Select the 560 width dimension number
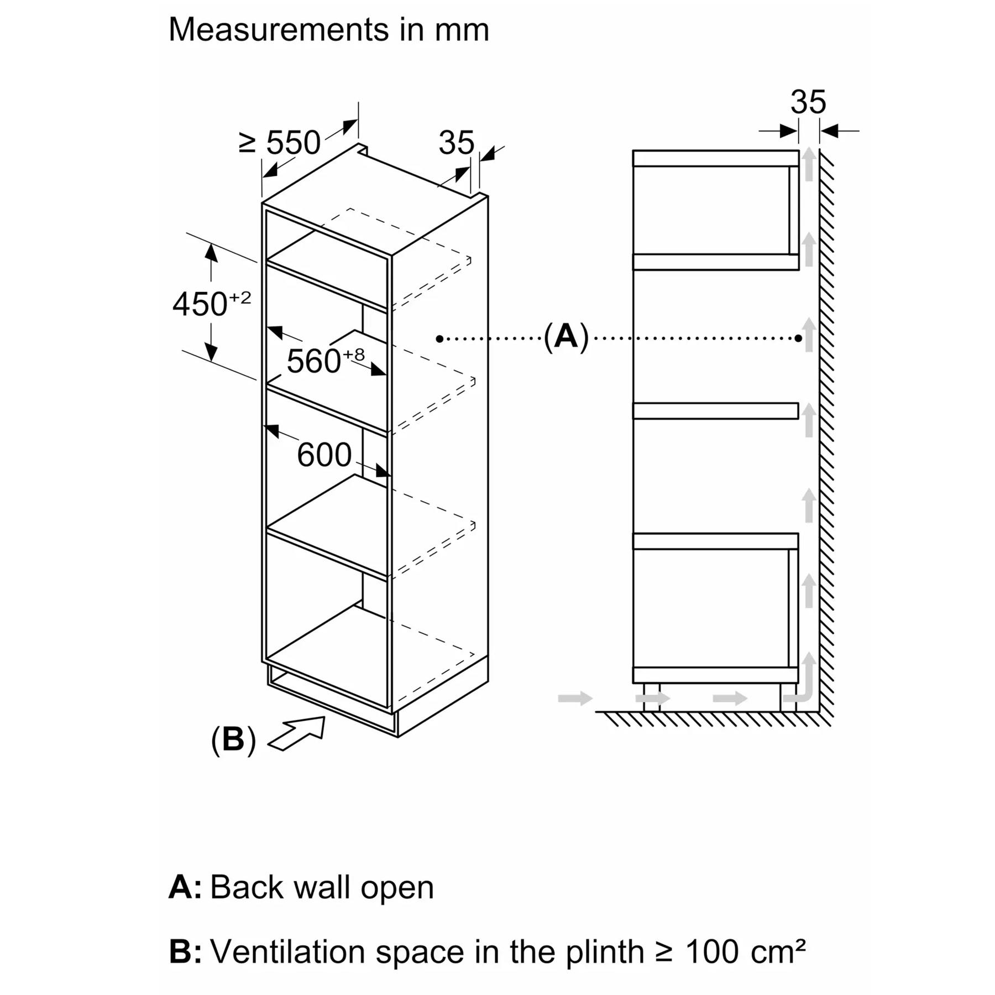pos(313,361)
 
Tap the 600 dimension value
pos(324,455)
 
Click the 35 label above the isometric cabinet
pos(456,143)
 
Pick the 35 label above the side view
pos(808,102)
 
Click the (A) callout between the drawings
pos(566,337)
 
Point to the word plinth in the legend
pos(604,951)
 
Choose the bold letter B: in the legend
pos(185,951)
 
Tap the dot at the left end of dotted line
pos(439,338)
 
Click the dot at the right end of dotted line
pos(798,338)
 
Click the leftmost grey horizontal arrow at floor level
pos(575,698)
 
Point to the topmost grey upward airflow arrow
pos(809,163)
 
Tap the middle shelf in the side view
pos(715,411)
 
